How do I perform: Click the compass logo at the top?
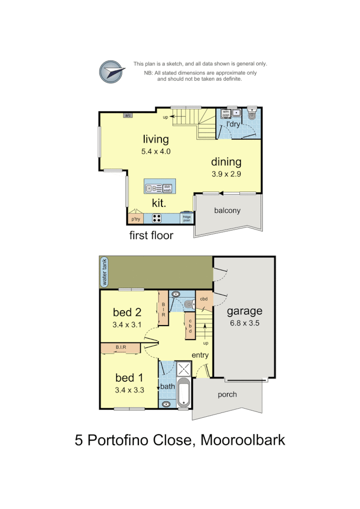(x=112, y=72)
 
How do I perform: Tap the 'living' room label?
(x=156, y=139)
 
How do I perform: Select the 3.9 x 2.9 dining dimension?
(x=226, y=174)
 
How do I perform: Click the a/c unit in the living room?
(x=128, y=116)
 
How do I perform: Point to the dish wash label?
(x=167, y=189)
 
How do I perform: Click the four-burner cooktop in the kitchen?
(x=157, y=218)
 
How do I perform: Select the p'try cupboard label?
(x=136, y=219)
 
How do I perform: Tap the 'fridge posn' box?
(x=186, y=218)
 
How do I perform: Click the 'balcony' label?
(x=227, y=210)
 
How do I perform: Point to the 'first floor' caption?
(x=151, y=235)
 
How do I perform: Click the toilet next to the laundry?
(x=252, y=115)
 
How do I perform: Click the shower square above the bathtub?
(x=183, y=369)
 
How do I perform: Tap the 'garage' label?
(x=245, y=311)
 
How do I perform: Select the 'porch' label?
(x=227, y=395)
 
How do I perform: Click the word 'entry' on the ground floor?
(x=200, y=355)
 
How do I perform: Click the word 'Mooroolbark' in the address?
(x=243, y=440)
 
